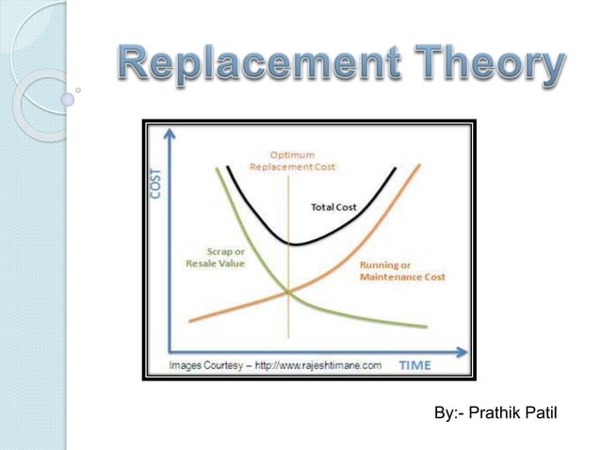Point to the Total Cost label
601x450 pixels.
[334, 206]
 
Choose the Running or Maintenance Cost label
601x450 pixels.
[402, 272]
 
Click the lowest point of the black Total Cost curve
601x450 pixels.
[291, 244]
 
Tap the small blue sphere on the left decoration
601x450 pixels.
[67, 97]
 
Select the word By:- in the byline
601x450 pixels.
[448, 414]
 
